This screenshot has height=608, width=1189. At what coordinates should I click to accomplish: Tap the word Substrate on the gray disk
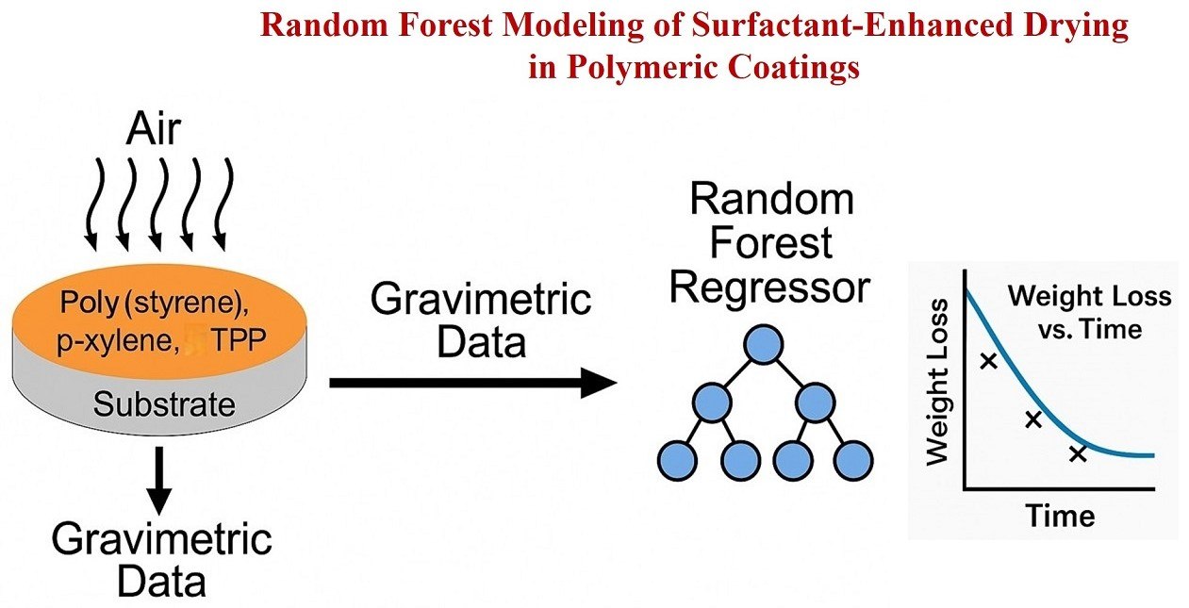[164, 405]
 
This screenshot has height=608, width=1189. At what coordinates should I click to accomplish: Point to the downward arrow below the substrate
[160, 478]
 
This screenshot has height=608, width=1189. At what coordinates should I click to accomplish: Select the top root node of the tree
[764, 345]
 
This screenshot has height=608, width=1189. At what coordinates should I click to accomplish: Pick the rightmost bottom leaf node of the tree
[854, 459]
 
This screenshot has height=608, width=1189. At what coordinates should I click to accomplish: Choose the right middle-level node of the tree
[816, 403]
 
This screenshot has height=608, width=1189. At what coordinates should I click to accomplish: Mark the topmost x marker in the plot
[988, 360]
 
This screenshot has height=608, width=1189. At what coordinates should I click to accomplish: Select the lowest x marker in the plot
[1078, 454]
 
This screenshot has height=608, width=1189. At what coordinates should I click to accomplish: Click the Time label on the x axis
[1060, 516]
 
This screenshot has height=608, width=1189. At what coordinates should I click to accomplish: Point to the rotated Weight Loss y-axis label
[937, 383]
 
